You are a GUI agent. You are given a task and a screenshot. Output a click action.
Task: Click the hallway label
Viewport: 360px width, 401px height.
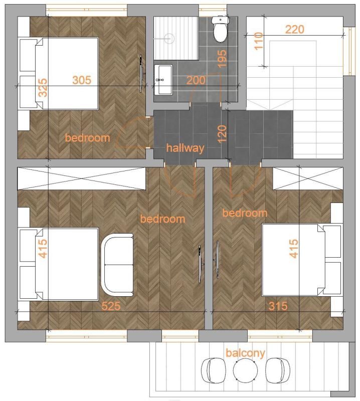186,148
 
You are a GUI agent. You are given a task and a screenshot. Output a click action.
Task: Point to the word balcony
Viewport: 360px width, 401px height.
245,353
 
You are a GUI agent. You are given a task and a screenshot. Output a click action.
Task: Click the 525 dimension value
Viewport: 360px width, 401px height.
111,306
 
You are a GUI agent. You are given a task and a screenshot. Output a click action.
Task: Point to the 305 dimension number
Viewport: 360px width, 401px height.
82,80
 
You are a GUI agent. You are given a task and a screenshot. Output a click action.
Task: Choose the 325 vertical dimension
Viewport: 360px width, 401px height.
43,88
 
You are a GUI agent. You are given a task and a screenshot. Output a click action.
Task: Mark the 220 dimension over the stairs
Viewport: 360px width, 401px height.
294,29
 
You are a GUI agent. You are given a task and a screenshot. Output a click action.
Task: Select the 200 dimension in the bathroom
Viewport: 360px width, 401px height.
196,80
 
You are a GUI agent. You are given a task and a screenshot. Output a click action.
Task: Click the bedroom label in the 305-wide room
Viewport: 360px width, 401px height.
87,138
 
